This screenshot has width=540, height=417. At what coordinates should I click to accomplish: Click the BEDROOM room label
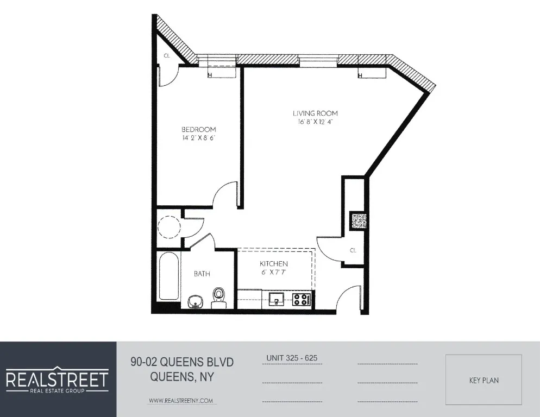[198, 129]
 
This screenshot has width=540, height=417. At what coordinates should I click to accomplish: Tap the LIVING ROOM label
[315, 113]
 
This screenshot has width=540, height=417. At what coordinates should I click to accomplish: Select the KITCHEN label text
[273, 263]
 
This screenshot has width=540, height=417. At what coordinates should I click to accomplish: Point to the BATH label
[202, 274]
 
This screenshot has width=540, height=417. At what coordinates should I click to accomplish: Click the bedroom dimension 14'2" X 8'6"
[198, 138]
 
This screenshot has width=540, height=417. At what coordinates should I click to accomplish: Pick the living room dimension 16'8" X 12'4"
[315, 122]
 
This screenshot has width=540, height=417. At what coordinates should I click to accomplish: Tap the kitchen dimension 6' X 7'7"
[273, 272]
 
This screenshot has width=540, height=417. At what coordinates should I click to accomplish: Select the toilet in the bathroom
[218, 296]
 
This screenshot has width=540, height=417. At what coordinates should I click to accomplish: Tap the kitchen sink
[276, 298]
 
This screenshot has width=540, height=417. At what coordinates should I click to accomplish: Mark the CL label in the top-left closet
[167, 55]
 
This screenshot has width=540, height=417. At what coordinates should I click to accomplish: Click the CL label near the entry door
[353, 250]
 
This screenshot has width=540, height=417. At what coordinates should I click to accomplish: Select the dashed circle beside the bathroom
[168, 227]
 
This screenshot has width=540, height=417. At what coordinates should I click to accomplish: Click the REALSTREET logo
[58, 379]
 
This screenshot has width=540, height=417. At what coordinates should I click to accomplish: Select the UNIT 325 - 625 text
[291, 358]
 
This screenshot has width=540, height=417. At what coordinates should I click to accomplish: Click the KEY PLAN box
[484, 380]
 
